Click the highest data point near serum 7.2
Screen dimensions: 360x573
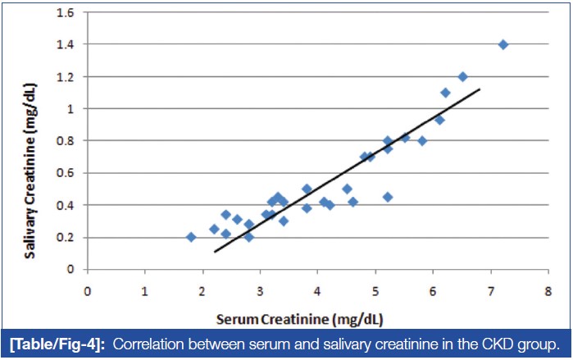point(503,44)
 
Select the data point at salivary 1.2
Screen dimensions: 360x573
point(462,76)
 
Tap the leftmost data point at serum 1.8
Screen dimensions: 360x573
point(191,237)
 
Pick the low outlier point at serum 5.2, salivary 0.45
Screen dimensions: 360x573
point(387,197)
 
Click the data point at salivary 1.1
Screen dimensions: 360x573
point(445,93)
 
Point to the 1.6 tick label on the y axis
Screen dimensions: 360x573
point(71,12)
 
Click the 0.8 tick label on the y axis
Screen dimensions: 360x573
point(71,140)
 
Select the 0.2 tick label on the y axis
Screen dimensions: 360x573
point(71,237)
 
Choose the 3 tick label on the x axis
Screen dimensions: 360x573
point(260,289)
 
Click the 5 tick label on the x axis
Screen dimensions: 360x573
point(375,289)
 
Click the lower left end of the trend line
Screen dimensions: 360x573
point(215,251)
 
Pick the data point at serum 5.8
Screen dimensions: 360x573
point(422,141)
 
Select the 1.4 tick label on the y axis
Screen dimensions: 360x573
point(71,44)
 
